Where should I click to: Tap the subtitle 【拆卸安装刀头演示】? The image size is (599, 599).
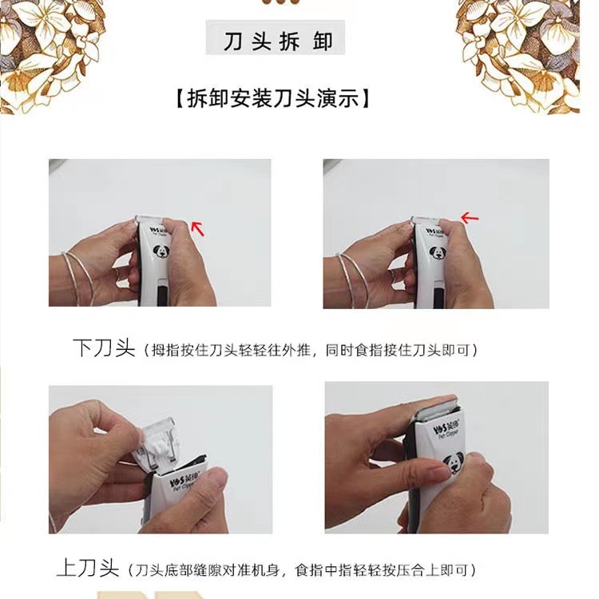(x=272, y=98)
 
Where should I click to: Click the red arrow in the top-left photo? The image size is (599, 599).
(x=197, y=228)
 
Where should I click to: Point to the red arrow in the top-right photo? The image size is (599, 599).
(x=470, y=218)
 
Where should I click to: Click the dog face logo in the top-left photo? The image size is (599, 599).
(x=161, y=251)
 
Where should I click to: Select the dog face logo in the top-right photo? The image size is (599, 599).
(x=437, y=252)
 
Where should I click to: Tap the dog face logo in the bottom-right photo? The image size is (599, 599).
(x=454, y=463)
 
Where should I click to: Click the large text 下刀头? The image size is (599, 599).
(x=104, y=347)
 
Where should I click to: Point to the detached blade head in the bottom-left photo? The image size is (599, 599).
(x=157, y=446)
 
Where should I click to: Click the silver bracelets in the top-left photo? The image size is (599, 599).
(x=79, y=277)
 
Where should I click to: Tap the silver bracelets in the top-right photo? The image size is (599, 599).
(x=353, y=279)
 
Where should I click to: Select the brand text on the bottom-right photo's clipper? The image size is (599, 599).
(x=446, y=429)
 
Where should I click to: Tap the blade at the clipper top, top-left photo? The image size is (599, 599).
(x=150, y=220)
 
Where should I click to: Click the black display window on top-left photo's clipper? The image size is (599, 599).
(x=161, y=295)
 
